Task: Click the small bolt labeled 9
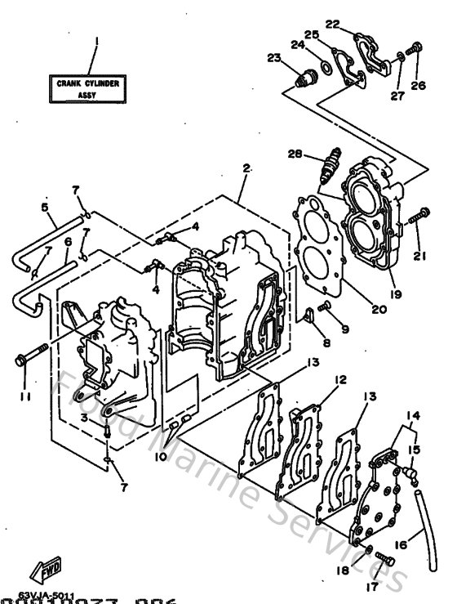click(x=325, y=306)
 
